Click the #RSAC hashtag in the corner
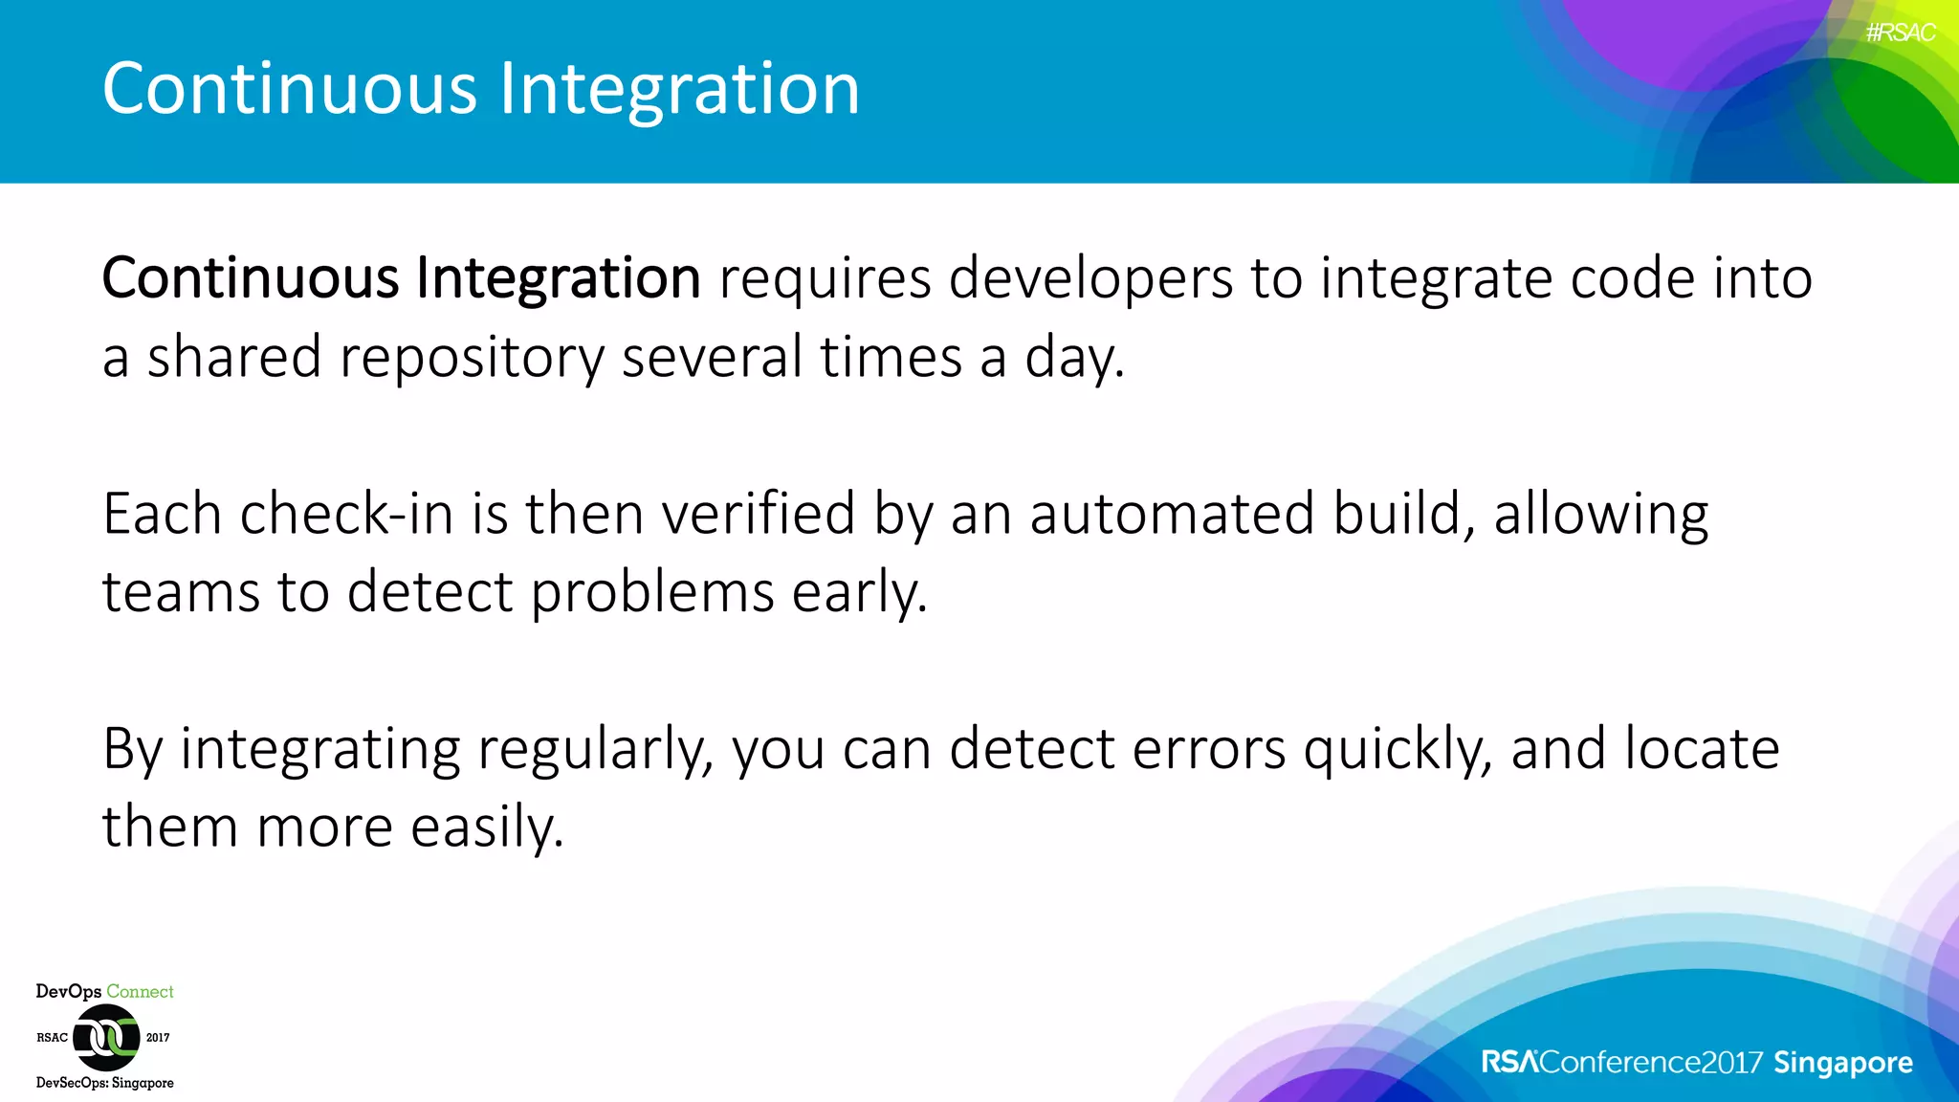click(x=1900, y=33)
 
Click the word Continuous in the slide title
click(x=289, y=88)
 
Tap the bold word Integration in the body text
click(x=558, y=278)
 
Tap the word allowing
click(x=1600, y=514)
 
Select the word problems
click(x=651, y=592)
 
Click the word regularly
click(x=595, y=749)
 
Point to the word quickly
click(x=1397, y=749)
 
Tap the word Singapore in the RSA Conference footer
click(x=1842, y=1063)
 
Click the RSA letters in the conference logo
click(x=1509, y=1063)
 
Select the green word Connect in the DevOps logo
click(x=140, y=992)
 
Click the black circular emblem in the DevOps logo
click(x=106, y=1037)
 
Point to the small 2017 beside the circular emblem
click(x=158, y=1038)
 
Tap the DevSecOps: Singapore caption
click(x=105, y=1083)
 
